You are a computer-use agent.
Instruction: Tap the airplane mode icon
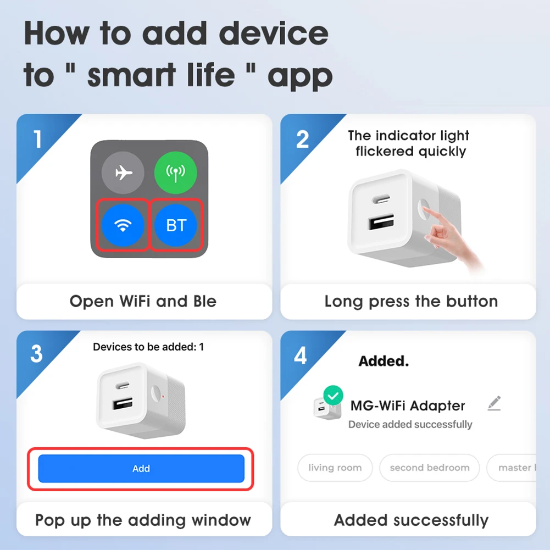[x=123, y=173]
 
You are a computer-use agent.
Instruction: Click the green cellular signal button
[x=175, y=173]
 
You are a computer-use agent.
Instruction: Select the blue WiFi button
[x=123, y=225]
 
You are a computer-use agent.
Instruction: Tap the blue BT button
[x=175, y=225]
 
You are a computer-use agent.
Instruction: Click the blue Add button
[x=141, y=468]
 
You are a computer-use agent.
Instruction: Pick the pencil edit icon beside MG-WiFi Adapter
[x=494, y=403]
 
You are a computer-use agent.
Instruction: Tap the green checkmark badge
[x=333, y=395]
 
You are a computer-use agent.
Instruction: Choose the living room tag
[x=335, y=468]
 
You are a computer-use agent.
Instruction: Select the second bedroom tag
[x=429, y=468]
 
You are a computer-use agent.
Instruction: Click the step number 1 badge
[x=38, y=139]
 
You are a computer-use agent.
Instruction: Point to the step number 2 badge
[x=302, y=139]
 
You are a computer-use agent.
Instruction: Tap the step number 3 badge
[x=36, y=353]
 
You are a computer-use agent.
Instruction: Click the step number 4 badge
[x=301, y=355]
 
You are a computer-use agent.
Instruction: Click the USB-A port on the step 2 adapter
[x=381, y=222]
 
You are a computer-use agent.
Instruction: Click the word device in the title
[x=274, y=34]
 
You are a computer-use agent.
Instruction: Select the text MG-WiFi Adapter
[x=408, y=405]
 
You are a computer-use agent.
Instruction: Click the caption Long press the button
[x=411, y=301]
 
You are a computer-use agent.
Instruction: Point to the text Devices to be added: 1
[x=148, y=347]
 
